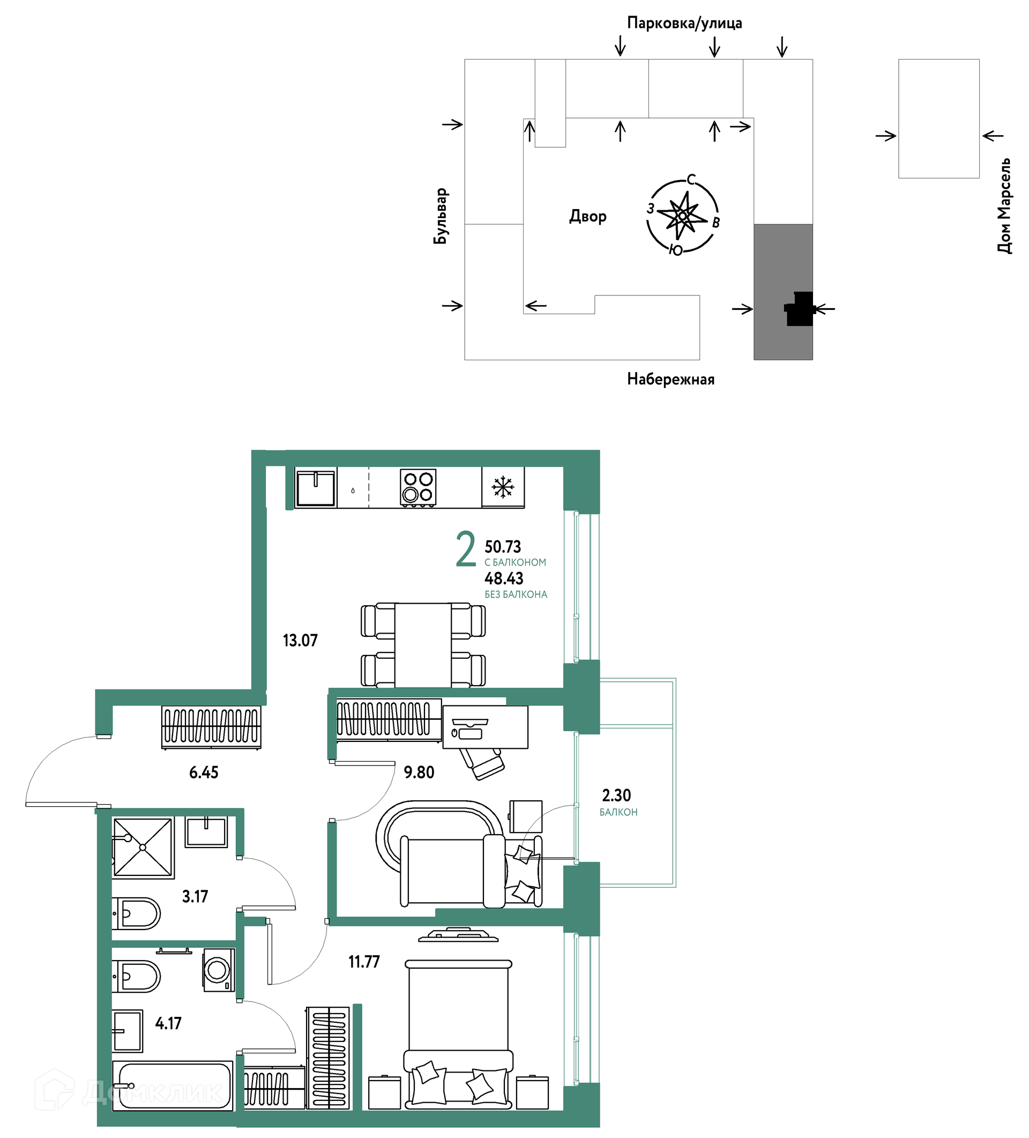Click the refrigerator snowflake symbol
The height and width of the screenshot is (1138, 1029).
click(x=502, y=487)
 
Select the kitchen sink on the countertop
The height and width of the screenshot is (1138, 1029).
click(x=316, y=488)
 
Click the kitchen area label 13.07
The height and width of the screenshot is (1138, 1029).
click(x=300, y=640)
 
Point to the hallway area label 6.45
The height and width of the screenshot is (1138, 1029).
click(x=203, y=772)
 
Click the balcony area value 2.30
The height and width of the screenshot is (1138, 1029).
click(x=616, y=795)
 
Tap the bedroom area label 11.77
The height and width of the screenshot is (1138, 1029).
click(x=363, y=961)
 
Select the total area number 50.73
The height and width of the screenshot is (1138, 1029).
click(x=502, y=546)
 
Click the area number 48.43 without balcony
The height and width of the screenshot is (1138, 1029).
click(x=503, y=578)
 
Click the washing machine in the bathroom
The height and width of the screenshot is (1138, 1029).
click(x=219, y=970)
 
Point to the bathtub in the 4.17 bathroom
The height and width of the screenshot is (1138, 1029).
click(x=172, y=1085)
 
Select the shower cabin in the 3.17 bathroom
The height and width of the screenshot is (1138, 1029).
click(x=143, y=847)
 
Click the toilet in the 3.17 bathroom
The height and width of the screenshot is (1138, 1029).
click(x=136, y=913)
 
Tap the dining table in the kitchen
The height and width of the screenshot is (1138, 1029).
click(x=423, y=645)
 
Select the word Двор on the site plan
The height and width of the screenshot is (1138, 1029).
click(x=587, y=216)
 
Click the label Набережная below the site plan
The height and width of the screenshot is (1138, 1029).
click(x=670, y=379)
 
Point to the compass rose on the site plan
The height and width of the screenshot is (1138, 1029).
click(x=682, y=215)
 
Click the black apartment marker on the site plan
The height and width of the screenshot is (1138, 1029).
click(x=800, y=308)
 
